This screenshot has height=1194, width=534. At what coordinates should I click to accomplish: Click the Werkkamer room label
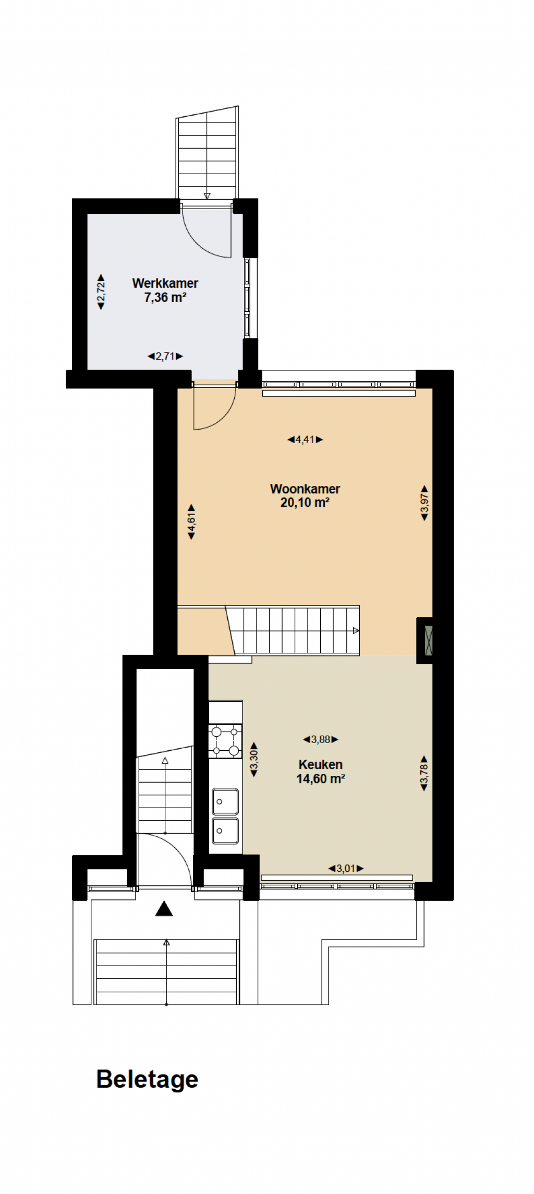pyautogui.click(x=165, y=283)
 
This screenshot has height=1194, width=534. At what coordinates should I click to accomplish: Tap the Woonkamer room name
pyautogui.click(x=305, y=489)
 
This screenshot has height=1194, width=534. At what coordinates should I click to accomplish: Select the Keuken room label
pyautogui.click(x=320, y=764)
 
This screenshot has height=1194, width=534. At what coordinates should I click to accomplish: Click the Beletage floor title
pyautogui.click(x=147, y=1079)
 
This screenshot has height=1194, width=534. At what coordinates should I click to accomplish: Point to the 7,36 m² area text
pyautogui.click(x=165, y=297)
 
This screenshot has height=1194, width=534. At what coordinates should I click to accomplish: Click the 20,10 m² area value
pyautogui.click(x=305, y=503)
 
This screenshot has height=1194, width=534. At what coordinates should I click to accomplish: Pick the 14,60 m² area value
pyautogui.click(x=321, y=778)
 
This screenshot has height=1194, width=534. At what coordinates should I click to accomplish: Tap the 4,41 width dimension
pyautogui.click(x=305, y=440)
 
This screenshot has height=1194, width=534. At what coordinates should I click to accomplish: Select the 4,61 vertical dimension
pyautogui.click(x=191, y=522)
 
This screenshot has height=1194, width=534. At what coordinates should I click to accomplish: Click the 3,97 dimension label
pyautogui.click(x=424, y=503)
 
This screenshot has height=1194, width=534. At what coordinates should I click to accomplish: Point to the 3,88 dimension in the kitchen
pyautogui.click(x=321, y=739)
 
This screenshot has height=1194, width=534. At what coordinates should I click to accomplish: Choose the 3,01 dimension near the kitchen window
pyautogui.click(x=346, y=868)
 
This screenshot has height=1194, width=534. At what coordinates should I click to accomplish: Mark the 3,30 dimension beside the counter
pyautogui.click(x=254, y=760)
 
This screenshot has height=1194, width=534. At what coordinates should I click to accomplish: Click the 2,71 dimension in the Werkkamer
pyautogui.click(x=165, y=356)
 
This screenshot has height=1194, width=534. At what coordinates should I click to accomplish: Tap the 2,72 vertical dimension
pyautogui.click(x=101, y=292)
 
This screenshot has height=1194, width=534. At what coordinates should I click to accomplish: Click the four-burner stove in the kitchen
pyautogui.click(x=225, y=741)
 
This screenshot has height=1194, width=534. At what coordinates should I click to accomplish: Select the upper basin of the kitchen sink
pyautogui.click(x=225, y=801)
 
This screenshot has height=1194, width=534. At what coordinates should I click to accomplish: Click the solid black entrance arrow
pyautogui.click(x=164, y=908)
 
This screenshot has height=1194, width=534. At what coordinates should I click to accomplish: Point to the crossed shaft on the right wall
pyautogui.click(x=429, y=640)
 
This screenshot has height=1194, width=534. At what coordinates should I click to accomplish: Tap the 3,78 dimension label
pyautogui.click(x=424, y=773)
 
